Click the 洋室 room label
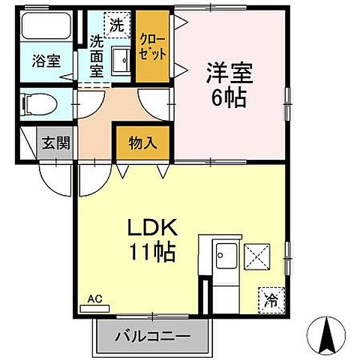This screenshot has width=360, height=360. (230, 73)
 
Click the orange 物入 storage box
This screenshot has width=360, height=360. (142, 142)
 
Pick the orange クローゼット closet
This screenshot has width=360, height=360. (153, 47)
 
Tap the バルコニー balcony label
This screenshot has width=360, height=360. (152, 336)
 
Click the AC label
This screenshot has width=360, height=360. (94, 298)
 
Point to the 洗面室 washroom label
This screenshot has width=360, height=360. (97, 57)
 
